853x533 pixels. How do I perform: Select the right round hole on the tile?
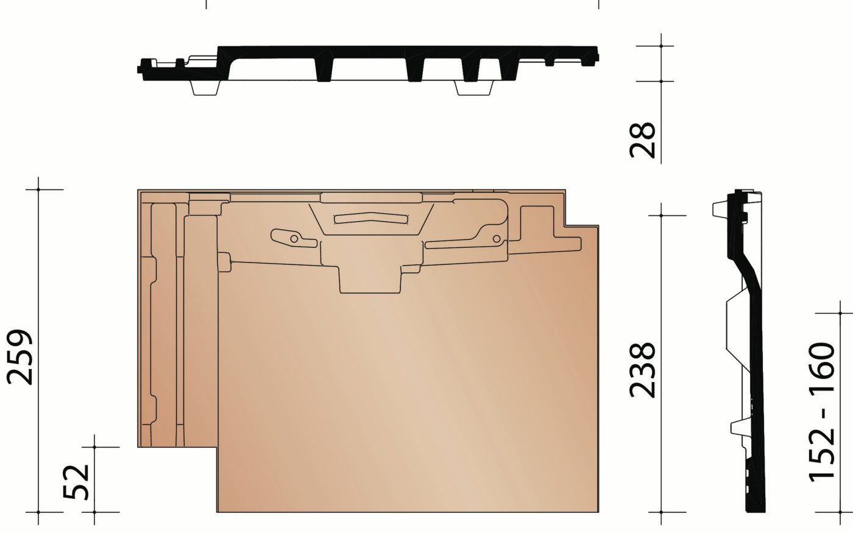496,238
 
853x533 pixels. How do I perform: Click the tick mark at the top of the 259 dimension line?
38,189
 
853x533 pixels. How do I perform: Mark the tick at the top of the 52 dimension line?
94,447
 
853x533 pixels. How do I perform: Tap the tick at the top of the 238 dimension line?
662,215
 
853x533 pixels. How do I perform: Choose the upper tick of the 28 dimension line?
662,46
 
